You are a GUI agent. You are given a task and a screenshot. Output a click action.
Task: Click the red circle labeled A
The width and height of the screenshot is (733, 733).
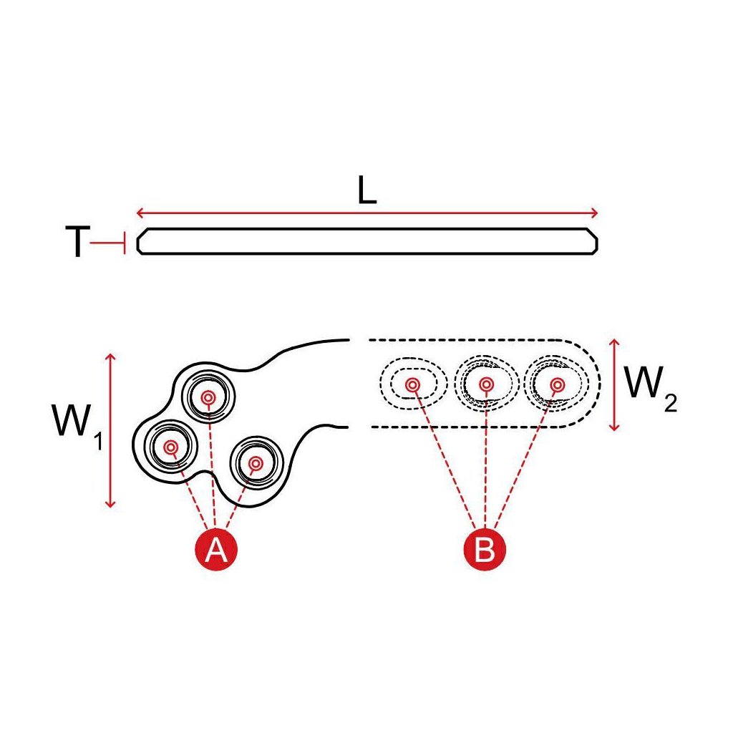(x=216, y=550)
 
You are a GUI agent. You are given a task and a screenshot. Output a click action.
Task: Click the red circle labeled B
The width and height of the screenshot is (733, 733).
(x=485, y=550)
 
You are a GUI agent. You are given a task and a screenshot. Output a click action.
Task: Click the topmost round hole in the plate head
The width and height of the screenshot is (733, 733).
(x=208, y=397)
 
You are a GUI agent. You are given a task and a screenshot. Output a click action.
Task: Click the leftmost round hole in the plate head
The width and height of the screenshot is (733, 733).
(x=171, y=448)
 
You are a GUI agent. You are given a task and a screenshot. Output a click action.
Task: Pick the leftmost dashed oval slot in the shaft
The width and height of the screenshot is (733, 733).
(x=413, y=385)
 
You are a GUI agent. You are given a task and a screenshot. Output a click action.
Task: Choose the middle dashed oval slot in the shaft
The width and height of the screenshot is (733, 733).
(x=486, y=385)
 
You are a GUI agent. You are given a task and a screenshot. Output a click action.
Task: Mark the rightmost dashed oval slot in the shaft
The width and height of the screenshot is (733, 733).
(x=556, y=385)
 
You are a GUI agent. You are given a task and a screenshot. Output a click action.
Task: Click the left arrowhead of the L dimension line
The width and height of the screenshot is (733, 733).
(x=139, y=213)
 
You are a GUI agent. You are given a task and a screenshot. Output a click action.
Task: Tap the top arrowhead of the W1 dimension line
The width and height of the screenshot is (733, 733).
(x=110, y=356)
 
